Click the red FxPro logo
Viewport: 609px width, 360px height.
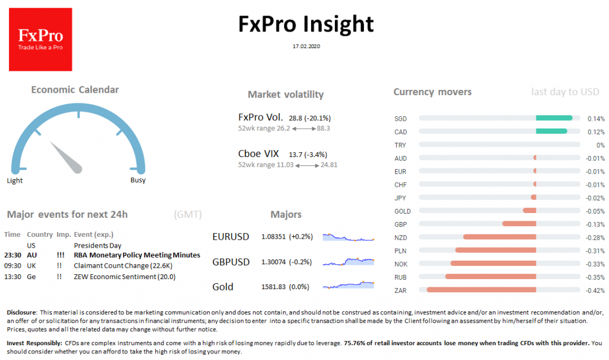click(40, 39)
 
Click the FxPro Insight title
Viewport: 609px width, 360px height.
click(306, 24)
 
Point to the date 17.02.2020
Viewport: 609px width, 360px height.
click(306, 46)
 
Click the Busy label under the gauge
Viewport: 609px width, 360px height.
click(137, 180)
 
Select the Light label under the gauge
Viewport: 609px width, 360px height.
click(15, 180)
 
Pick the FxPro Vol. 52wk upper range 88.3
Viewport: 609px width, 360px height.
click(324, 128)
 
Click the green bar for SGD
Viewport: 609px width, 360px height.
click(554, 118)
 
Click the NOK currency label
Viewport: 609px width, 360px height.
click(401, 264)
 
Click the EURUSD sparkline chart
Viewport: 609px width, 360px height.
click(349, 237)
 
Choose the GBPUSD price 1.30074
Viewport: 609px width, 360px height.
click(274, 262)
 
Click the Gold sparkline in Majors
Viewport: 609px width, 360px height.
click(349, 286)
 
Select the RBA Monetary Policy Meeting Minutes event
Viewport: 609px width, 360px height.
click(137, 255)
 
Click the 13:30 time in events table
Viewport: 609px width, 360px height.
click(12, 277)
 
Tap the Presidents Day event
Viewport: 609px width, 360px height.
click(98, 245)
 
